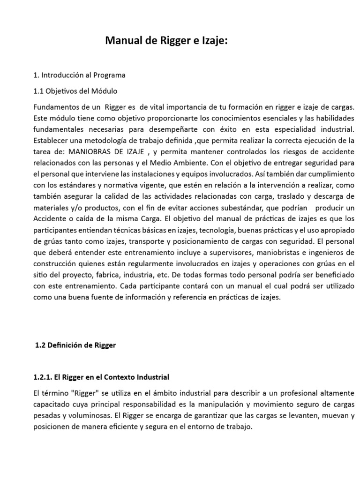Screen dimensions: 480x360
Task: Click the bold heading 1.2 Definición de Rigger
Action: (x=75, y=345)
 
